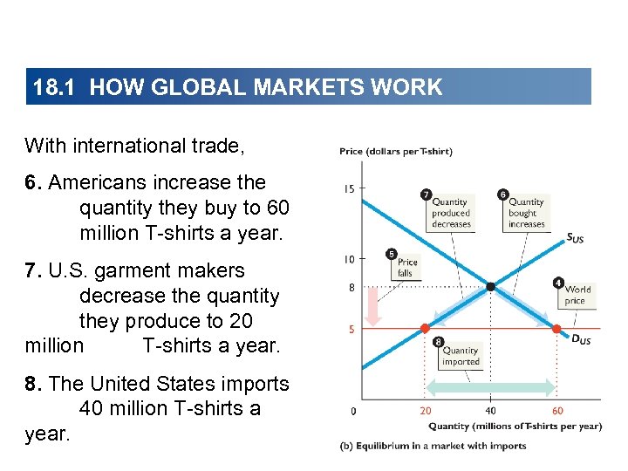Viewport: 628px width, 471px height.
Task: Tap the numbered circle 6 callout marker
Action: pos(503,193)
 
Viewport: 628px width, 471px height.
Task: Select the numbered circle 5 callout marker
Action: pos(392,253)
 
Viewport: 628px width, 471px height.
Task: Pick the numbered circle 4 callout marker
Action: pos(558,282)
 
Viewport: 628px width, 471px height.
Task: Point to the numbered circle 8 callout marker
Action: pos(437,342)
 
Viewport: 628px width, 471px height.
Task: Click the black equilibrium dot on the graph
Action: pos(491,286)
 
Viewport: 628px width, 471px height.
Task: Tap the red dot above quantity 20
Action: pos(425,329)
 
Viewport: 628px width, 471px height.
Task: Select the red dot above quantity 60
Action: pos(557,329)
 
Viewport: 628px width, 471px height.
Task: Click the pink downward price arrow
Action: pos(372,305)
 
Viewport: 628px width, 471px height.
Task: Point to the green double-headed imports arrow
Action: pos(491,387)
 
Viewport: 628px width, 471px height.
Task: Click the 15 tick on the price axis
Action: pos(349,188)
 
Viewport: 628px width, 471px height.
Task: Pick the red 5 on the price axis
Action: pos(350,329)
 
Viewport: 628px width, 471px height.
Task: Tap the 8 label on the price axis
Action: pos(350,287)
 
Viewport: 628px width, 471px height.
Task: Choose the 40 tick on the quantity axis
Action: pos(491,410)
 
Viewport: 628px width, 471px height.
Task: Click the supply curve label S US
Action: pos(576,237)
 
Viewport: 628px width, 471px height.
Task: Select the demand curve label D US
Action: pos(581,339)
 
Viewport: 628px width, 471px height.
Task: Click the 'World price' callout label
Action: pos(577,295)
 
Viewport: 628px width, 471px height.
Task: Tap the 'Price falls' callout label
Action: pos(407,267)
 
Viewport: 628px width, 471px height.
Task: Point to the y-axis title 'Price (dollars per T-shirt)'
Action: pos(396,151)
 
